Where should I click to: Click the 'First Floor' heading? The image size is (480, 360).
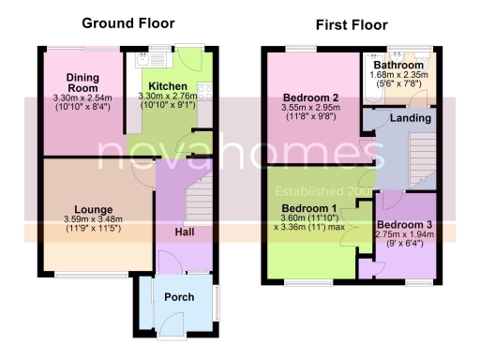[352, 24]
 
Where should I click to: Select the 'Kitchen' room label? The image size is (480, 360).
[168, 85]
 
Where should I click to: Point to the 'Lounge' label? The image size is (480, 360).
[96, 209]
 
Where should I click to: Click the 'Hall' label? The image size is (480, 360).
[185, 232]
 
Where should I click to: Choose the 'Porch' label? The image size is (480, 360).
[179, 297]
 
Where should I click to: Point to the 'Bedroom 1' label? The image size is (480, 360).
[308, 206]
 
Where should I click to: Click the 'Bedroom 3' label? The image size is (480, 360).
[404, 226]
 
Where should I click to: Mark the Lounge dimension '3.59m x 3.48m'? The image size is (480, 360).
[96, 219]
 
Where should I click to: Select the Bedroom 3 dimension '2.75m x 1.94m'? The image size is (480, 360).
[404, 237]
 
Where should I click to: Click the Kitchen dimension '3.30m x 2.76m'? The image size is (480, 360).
[169, 96]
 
